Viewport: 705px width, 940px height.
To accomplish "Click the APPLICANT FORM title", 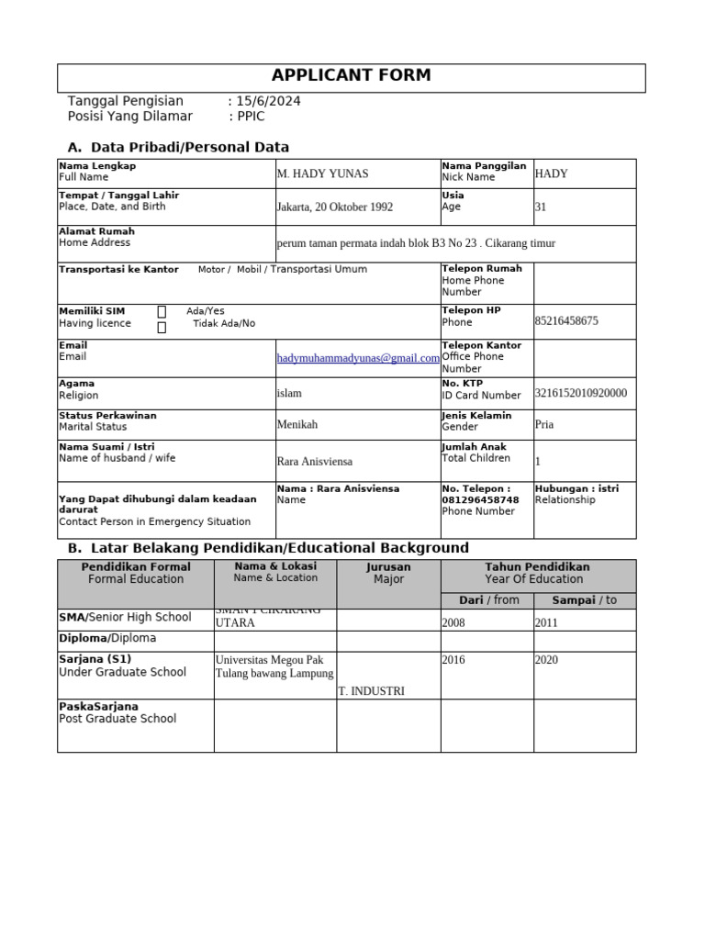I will point(352,76).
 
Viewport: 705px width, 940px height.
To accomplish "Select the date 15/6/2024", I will point(267,101).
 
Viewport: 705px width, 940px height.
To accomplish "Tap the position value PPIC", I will point(251,117).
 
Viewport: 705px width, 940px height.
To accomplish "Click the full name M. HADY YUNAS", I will point(322,174).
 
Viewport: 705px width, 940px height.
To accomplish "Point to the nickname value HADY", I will point(551,173).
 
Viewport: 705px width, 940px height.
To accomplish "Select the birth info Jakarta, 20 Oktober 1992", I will point(335,207).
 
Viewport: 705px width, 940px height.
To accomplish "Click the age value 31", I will point(540,207).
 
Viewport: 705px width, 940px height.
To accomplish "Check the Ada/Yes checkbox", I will point(162,312).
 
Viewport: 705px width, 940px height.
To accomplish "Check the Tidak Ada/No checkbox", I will point(162,328).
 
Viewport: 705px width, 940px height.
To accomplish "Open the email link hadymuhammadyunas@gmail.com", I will point(358,359).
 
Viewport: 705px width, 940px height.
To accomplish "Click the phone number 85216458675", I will point(566,321).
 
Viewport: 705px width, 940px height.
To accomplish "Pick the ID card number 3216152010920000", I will point(580,394).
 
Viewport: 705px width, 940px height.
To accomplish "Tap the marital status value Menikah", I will point(297,425).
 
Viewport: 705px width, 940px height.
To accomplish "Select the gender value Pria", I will point(544,425).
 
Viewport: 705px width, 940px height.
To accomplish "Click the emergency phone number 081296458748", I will point(480,500).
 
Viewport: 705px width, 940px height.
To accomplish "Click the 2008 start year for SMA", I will point(453,622).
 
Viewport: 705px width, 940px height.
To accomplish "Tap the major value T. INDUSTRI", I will point(371,691).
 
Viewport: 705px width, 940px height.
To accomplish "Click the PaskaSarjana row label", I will point(98,707).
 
